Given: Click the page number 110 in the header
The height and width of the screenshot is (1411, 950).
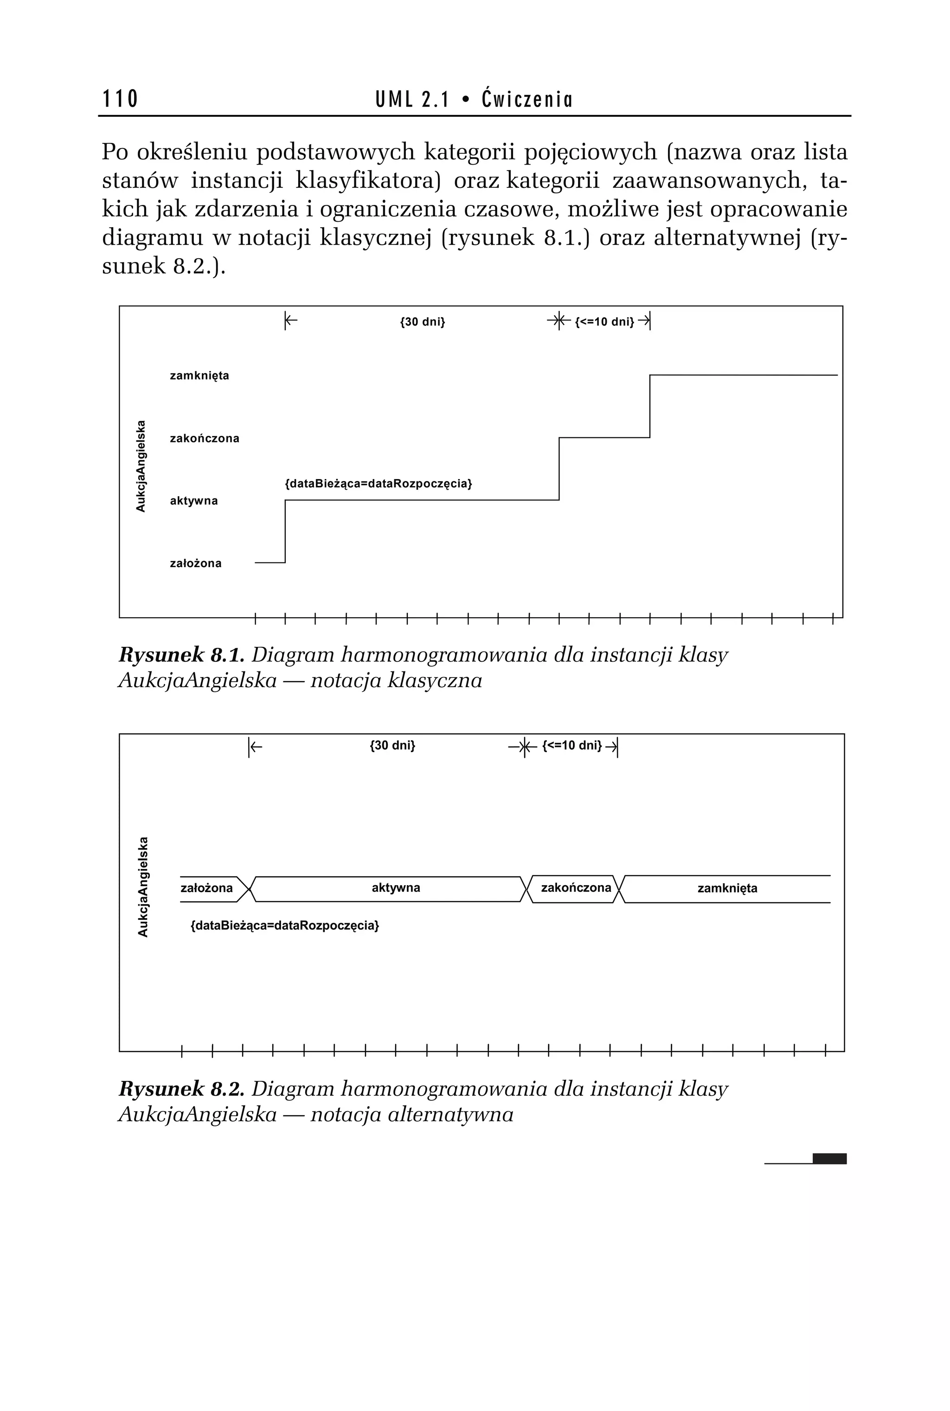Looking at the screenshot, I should [x=120, y=99].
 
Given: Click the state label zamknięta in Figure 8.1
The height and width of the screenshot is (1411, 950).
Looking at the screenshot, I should [x=199, y=376].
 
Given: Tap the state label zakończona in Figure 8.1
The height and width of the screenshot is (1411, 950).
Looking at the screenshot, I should [x=204, y=439].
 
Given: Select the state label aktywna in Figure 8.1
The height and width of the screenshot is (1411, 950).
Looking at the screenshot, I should [x=193, y=501].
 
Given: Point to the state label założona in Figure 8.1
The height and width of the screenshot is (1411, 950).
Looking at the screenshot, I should [x=195, y=563].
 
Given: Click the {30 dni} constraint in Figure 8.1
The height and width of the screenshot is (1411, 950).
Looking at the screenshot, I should [x=422, y=321].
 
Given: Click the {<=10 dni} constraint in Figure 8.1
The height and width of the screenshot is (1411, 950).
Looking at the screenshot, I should [x=604, y=321].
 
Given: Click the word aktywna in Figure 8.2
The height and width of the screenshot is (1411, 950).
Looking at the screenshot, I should [x=396, y=888].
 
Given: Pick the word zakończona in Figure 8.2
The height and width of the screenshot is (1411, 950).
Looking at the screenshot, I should [x=576, y=888].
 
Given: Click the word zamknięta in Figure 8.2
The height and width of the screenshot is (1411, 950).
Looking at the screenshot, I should [x=727, y=888].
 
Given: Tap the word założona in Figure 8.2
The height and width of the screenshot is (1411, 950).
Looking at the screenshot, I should [x=206, y=888].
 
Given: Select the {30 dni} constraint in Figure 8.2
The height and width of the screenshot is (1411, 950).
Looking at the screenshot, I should [x=392, y=746].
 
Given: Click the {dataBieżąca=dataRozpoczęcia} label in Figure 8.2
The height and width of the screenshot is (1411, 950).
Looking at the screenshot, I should [x=285, y=926].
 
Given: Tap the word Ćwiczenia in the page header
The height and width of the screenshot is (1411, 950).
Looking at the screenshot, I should [x=526, y=99].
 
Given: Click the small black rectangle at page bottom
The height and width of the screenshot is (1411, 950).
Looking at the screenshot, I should [x=829, y=1158].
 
